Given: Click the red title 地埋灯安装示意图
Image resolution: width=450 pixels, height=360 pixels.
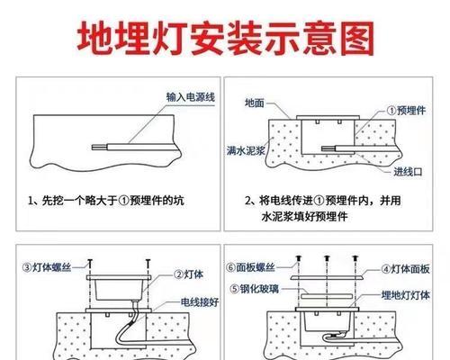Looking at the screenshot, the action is [226, 39].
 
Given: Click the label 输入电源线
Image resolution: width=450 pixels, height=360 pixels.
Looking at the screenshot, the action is [191, 97].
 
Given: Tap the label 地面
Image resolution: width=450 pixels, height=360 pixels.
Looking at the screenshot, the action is [255, 103].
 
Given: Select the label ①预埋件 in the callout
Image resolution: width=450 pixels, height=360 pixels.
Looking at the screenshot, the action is [406, 111].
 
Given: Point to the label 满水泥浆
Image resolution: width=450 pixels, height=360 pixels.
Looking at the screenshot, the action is [246, 150].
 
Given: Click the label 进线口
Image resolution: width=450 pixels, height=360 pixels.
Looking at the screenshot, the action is [408, 172].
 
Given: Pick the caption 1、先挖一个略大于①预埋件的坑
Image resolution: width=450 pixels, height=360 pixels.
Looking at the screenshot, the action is [106, 201].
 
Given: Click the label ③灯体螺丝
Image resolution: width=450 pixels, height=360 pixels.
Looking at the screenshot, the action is [47, 267].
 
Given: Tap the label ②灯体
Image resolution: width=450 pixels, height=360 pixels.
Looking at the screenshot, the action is [189, 274].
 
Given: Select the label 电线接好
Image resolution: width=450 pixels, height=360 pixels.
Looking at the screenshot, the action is [200, 302].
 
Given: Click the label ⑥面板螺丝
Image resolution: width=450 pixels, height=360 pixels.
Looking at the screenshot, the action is [250, 267].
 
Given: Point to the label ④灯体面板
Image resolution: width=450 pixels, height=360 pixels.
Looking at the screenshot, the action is [405, 269].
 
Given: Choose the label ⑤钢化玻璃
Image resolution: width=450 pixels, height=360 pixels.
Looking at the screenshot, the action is [254, 289].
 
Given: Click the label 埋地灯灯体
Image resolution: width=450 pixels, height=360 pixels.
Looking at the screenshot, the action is [405, 295].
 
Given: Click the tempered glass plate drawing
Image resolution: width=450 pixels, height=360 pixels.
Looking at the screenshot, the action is [327, 296].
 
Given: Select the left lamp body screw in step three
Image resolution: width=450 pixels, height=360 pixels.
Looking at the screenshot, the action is [89, 264].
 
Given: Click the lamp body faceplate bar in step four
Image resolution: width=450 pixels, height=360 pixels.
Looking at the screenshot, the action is [327, 278].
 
